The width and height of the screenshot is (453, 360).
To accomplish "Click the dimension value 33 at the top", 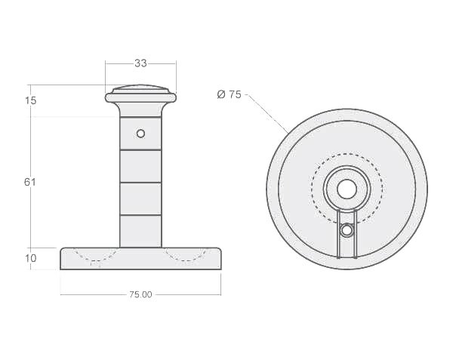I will click(x=140, y=63).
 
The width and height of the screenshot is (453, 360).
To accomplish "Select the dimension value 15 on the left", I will click(x=30, y=100).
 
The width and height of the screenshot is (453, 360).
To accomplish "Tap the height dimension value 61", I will click(x=30, y=182).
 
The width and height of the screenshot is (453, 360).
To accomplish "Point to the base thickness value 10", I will click(x=31, y=259).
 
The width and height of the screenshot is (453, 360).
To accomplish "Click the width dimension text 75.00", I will click(x=140, y=294).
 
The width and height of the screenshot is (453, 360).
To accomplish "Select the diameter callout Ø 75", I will click(x=229, y=94).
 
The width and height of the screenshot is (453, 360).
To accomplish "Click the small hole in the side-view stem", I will click(x=140, y=134).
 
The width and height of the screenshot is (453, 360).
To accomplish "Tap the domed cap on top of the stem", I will click(x=140, y=93).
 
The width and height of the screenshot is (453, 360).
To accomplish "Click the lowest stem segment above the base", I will click(x=140, y=231).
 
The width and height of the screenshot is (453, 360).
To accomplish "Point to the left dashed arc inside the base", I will click(x=94, y=257).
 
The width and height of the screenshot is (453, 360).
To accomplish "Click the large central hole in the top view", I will click(x=347, y=189).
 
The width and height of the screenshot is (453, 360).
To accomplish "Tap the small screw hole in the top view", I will click(x=347, y=230).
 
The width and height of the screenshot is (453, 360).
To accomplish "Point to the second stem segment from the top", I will click(x=140, y=166).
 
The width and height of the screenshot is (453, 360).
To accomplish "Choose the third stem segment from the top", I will click(x=140, y=198).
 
